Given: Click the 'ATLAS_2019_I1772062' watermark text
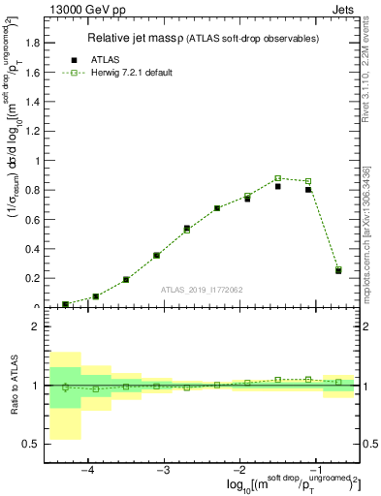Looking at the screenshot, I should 202,290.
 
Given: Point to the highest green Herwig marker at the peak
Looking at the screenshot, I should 277,178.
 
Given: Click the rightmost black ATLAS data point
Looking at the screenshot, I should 338,271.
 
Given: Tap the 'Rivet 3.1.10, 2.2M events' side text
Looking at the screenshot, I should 370,68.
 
